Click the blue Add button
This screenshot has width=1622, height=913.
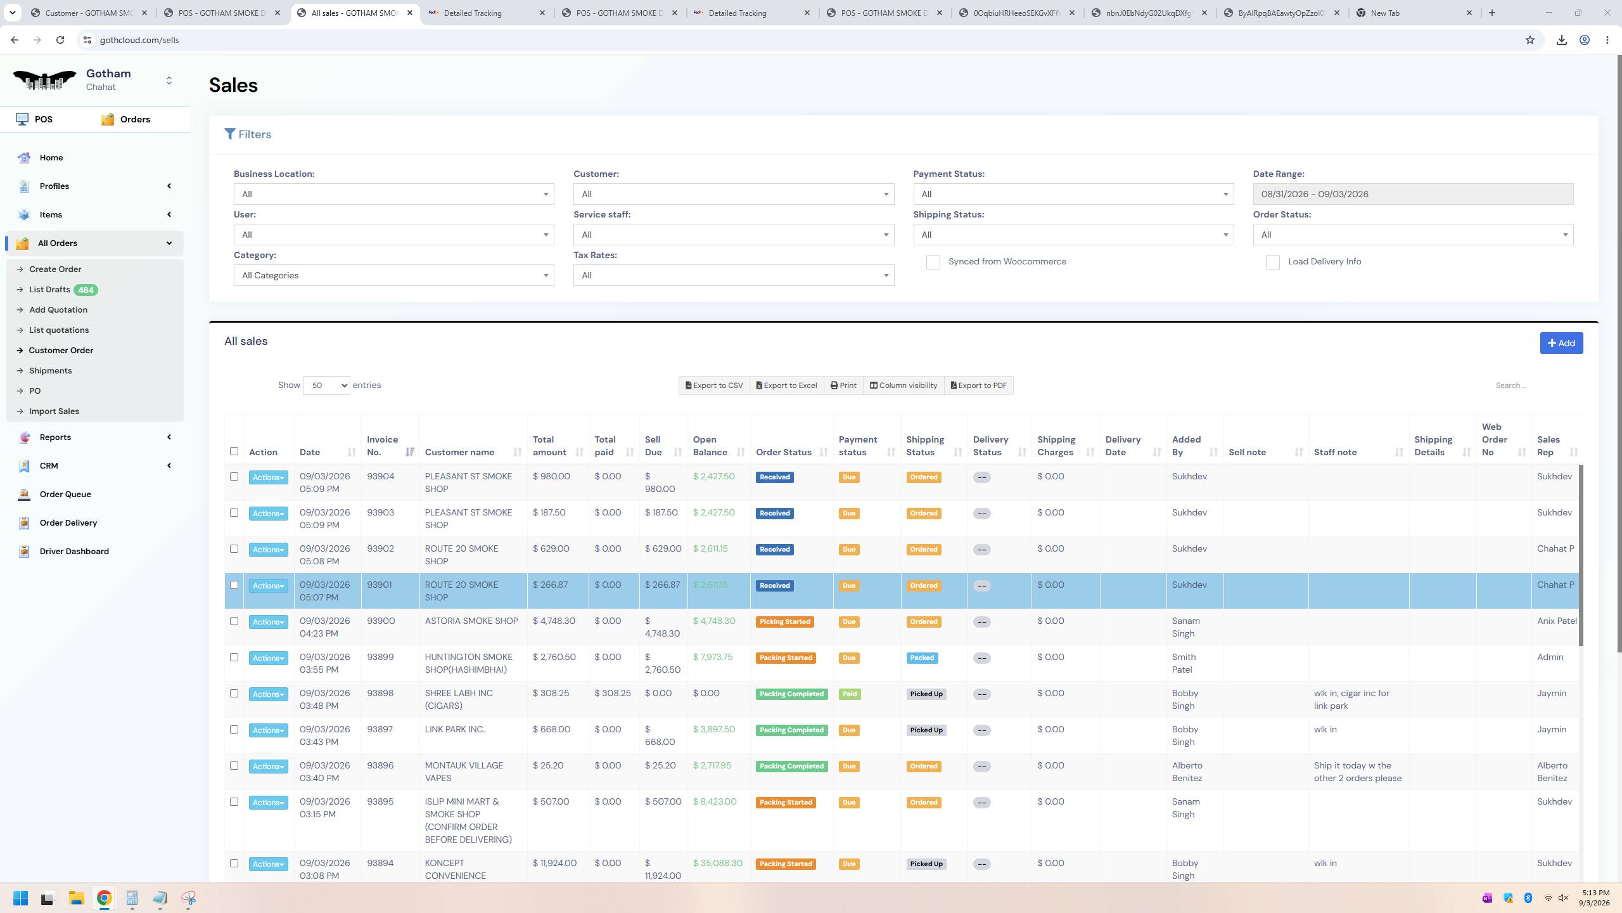coord(1561,343)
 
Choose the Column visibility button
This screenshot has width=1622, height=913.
coord(903,385)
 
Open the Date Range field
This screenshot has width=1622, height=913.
coord(1412,194)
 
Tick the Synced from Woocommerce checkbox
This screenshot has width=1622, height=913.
coord(933,262)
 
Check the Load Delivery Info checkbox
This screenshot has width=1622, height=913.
coord(1272,262)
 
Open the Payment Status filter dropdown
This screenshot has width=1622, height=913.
coord(1073,194)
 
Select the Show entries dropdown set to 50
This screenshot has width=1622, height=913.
coord(326,385)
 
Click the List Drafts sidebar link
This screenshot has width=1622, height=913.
coord(49,290)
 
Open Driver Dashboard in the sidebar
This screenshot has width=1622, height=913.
coord(74,552)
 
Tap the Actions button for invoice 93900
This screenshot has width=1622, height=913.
coord(268,622)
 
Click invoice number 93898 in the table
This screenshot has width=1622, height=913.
coord(380,693)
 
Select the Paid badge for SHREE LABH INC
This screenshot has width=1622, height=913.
coord(849,694)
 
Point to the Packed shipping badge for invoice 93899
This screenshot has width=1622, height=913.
coord(922,658)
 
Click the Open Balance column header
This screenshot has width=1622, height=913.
coord(710,446)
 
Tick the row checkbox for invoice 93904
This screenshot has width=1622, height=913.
coord(234,477)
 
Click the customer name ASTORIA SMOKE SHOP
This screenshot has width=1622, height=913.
coord(471,621)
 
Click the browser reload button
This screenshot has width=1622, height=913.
coord(60,40)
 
